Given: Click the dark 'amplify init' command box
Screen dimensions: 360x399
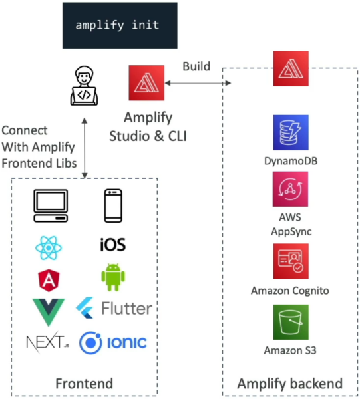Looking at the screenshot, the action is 120,25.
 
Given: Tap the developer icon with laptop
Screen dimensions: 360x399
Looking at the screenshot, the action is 84,86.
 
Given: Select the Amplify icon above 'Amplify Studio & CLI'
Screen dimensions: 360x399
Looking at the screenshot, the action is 146,83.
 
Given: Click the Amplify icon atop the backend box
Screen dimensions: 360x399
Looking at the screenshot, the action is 291,68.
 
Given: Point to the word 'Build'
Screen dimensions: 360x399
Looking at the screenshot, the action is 196,66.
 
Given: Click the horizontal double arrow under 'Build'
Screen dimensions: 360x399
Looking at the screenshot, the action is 198,83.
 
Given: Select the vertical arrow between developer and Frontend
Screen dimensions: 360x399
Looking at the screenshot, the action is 85,148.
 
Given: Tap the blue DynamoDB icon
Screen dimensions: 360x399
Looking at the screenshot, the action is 291,132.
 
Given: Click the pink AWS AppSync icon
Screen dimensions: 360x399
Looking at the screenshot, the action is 290,189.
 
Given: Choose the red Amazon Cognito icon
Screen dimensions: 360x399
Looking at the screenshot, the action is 291,261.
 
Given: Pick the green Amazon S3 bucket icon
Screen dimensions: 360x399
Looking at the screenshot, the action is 291,322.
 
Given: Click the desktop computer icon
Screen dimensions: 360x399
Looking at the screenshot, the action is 51,206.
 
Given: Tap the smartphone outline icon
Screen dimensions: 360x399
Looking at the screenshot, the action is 113,206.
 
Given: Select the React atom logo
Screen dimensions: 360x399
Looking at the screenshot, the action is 49,248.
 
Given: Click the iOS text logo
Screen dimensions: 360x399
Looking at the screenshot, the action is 112,245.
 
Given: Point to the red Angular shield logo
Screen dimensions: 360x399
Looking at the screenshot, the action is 49,280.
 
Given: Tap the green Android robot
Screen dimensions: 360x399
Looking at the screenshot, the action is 113,277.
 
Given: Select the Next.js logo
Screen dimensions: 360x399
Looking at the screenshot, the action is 48,342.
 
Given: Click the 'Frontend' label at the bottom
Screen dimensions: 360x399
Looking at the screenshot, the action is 85,384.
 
